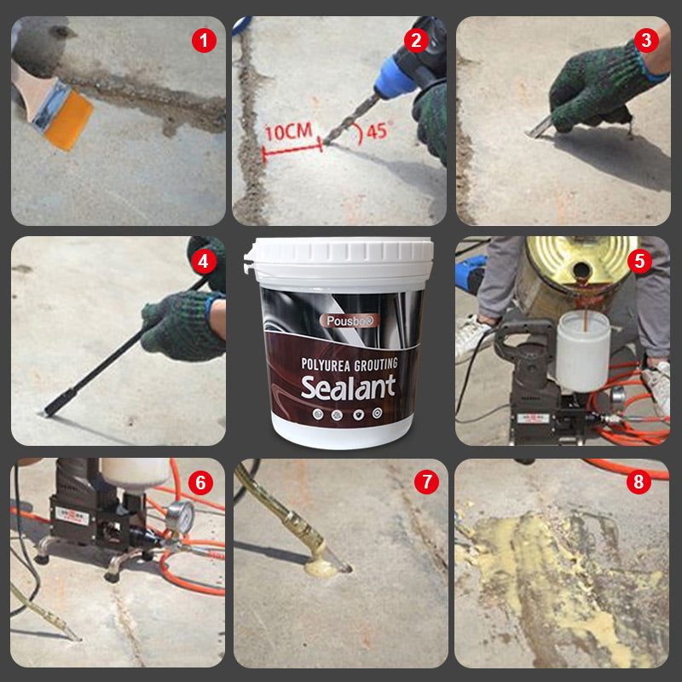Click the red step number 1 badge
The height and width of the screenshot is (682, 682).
pyautogui.click(x=204, y=39)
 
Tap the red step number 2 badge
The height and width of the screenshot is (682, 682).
pyautogui.click(x=416, y=39)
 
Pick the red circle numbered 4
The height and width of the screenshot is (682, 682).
pyautogui.click(x=202, y=260)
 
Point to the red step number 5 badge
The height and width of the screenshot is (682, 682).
pyautogui.click(x=641, y=260)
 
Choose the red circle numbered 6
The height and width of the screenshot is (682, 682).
pyautogui.click(x=201, y=483)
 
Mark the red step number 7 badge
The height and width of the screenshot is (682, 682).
pyautogui.click(x=426, y=482)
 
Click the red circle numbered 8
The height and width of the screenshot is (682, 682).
pyautogui.click(x=638, y=482)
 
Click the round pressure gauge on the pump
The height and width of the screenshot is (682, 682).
pyautogui.click(x=176, y=516)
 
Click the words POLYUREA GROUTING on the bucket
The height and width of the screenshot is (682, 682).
pyautogui.click(x=349, y=363)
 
